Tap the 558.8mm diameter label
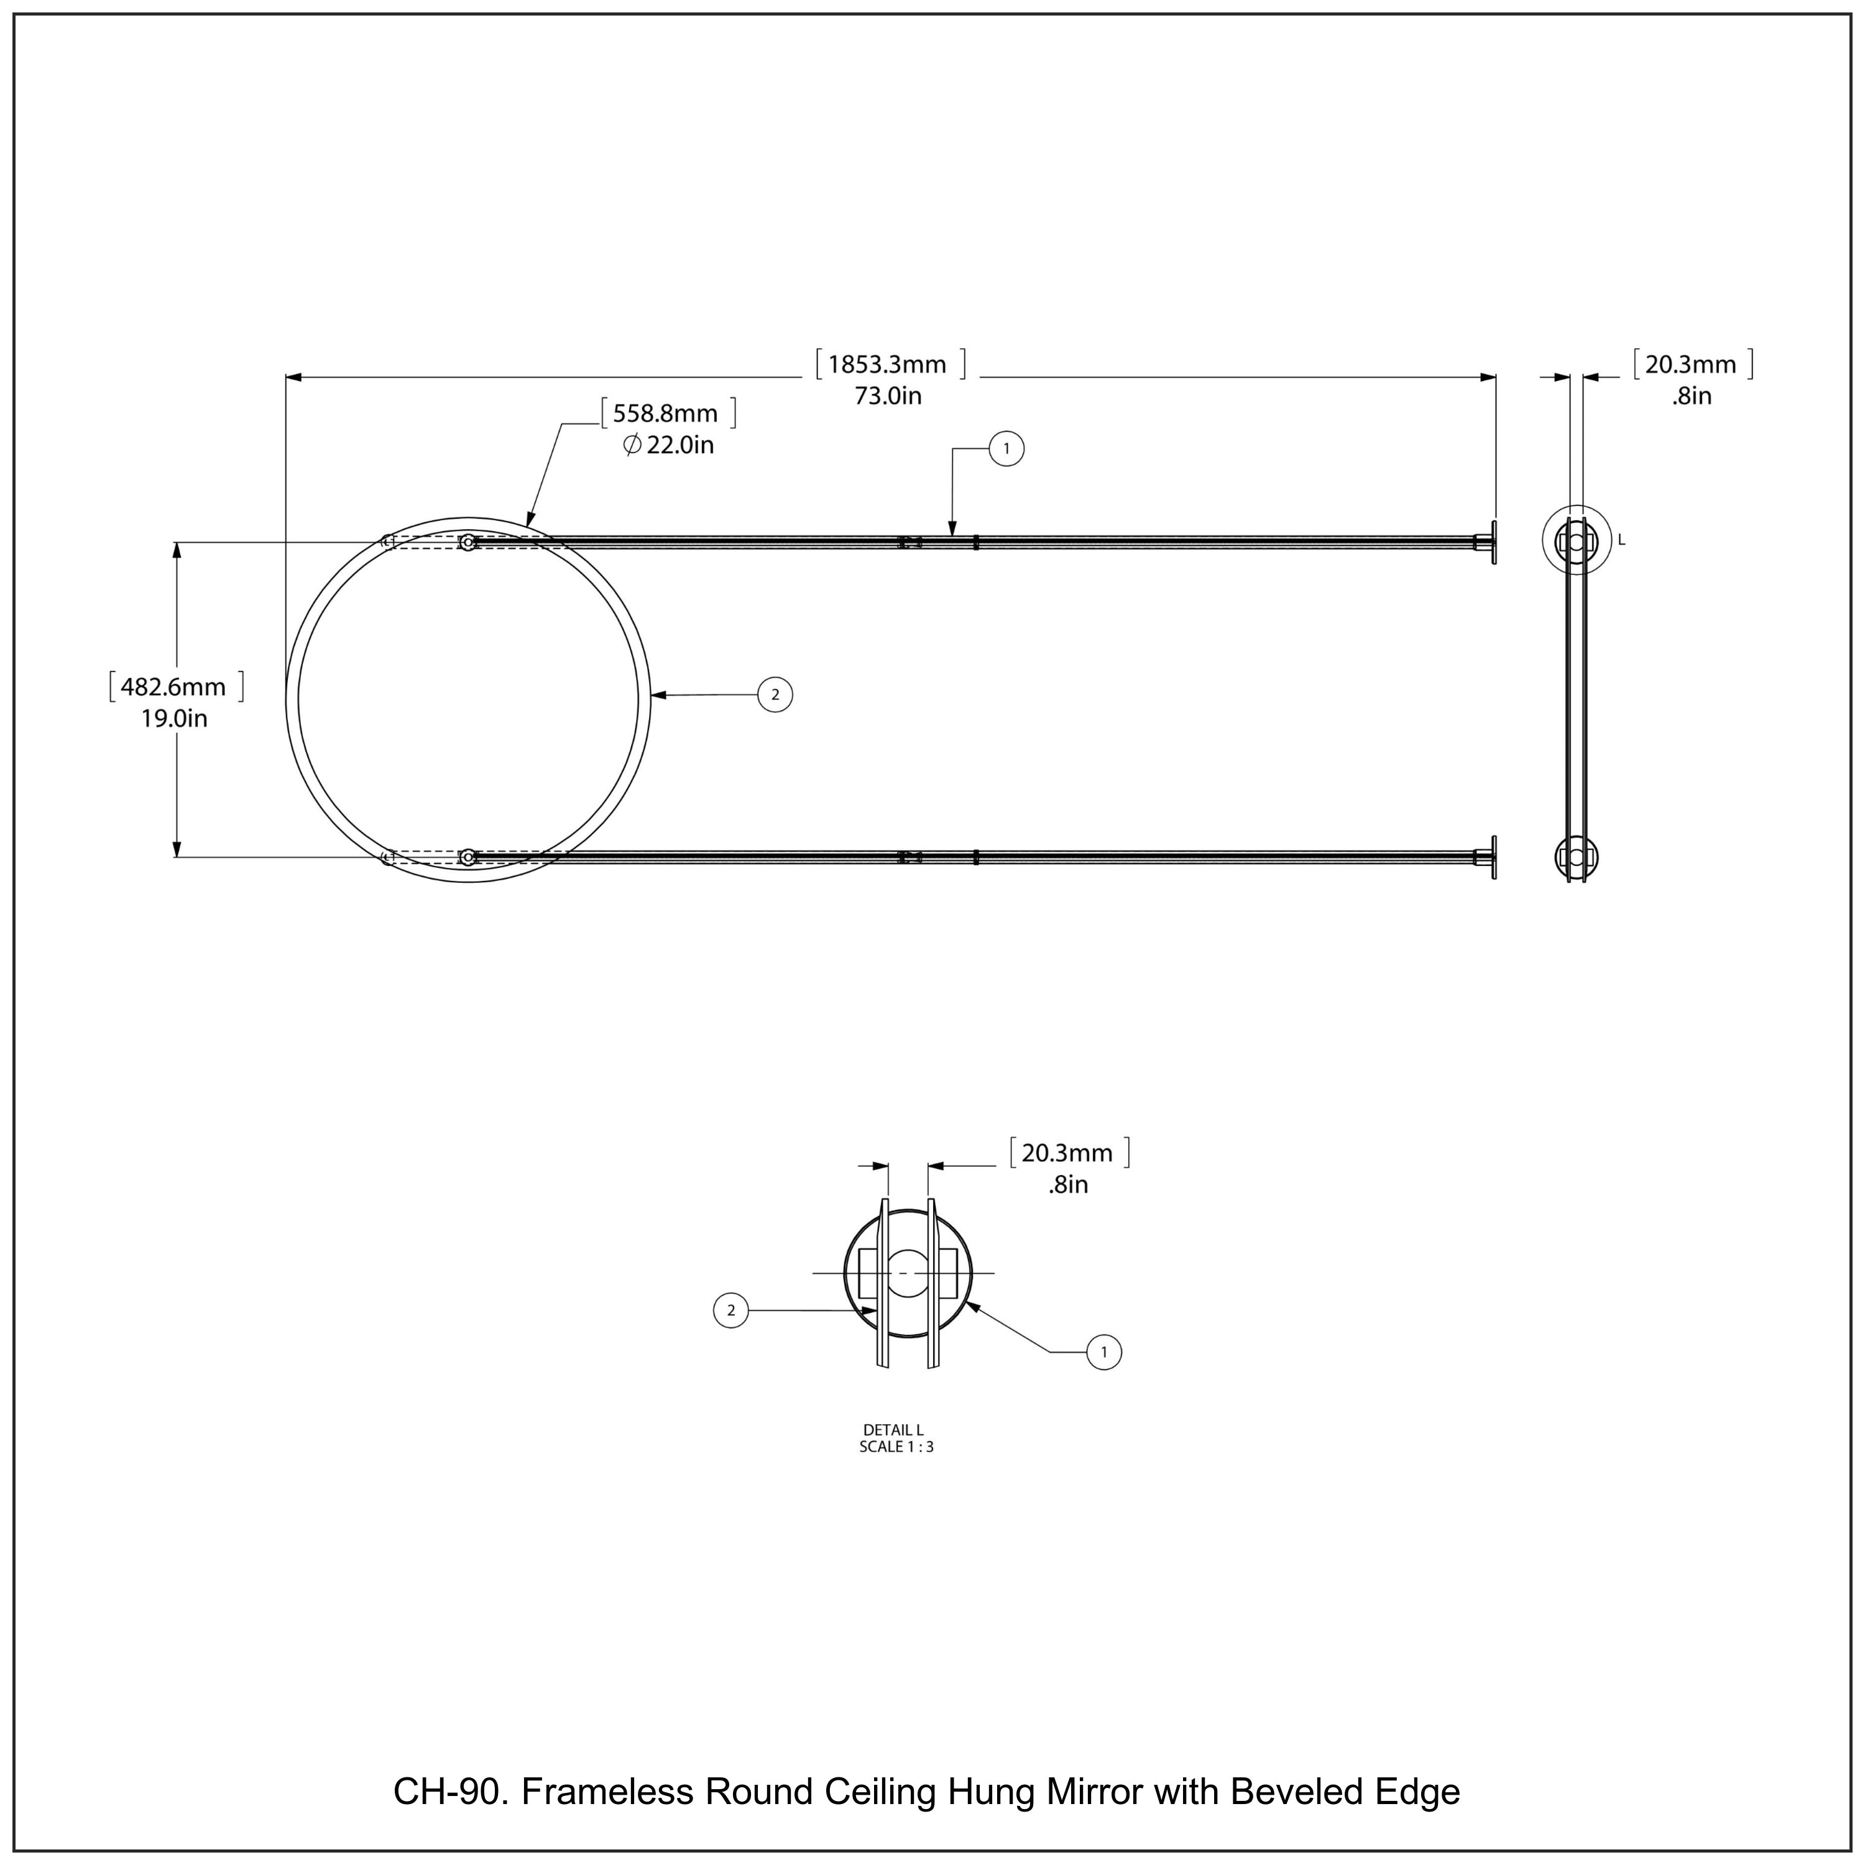coord(665,413)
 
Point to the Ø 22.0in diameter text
coord(668,445)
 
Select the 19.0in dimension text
coord(174,718)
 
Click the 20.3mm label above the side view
coord(1690,364)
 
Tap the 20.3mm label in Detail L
coord(1067,1153)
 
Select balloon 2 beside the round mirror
coord(775,695)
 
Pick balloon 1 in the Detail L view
coord(1104,1352)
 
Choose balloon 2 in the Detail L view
coord(730,1310)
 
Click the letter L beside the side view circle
coord(1622,541)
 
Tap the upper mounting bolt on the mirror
coord(468,543)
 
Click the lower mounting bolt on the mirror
coord(468,856)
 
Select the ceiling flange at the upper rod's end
coord(1493,543)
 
